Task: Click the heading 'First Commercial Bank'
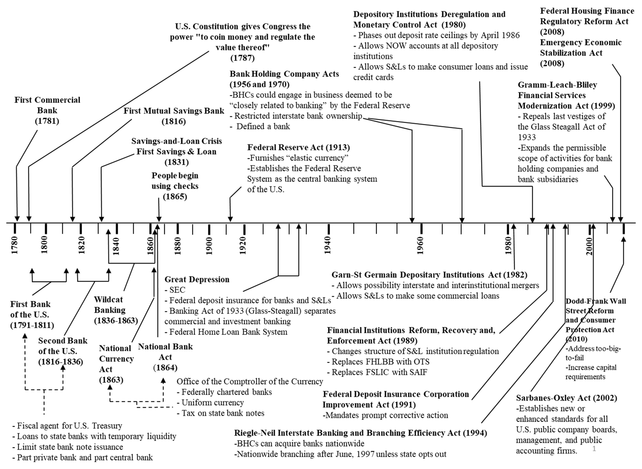click(x=47, y=105)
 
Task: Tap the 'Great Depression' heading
click(x=197, y=279)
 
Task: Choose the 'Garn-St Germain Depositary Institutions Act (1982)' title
click(x=429, y=275)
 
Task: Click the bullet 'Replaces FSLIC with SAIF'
click(x=377, y=372)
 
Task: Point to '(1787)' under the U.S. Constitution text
click(x=242, y=58)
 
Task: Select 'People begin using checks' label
click(x=175, y=181)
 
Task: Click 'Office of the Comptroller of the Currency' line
click(x=250, y=382)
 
